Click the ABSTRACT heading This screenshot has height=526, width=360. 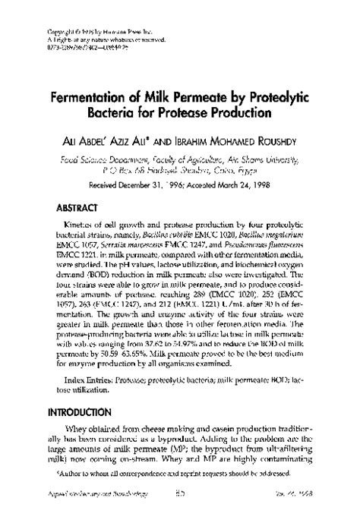[x=77, y=206]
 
